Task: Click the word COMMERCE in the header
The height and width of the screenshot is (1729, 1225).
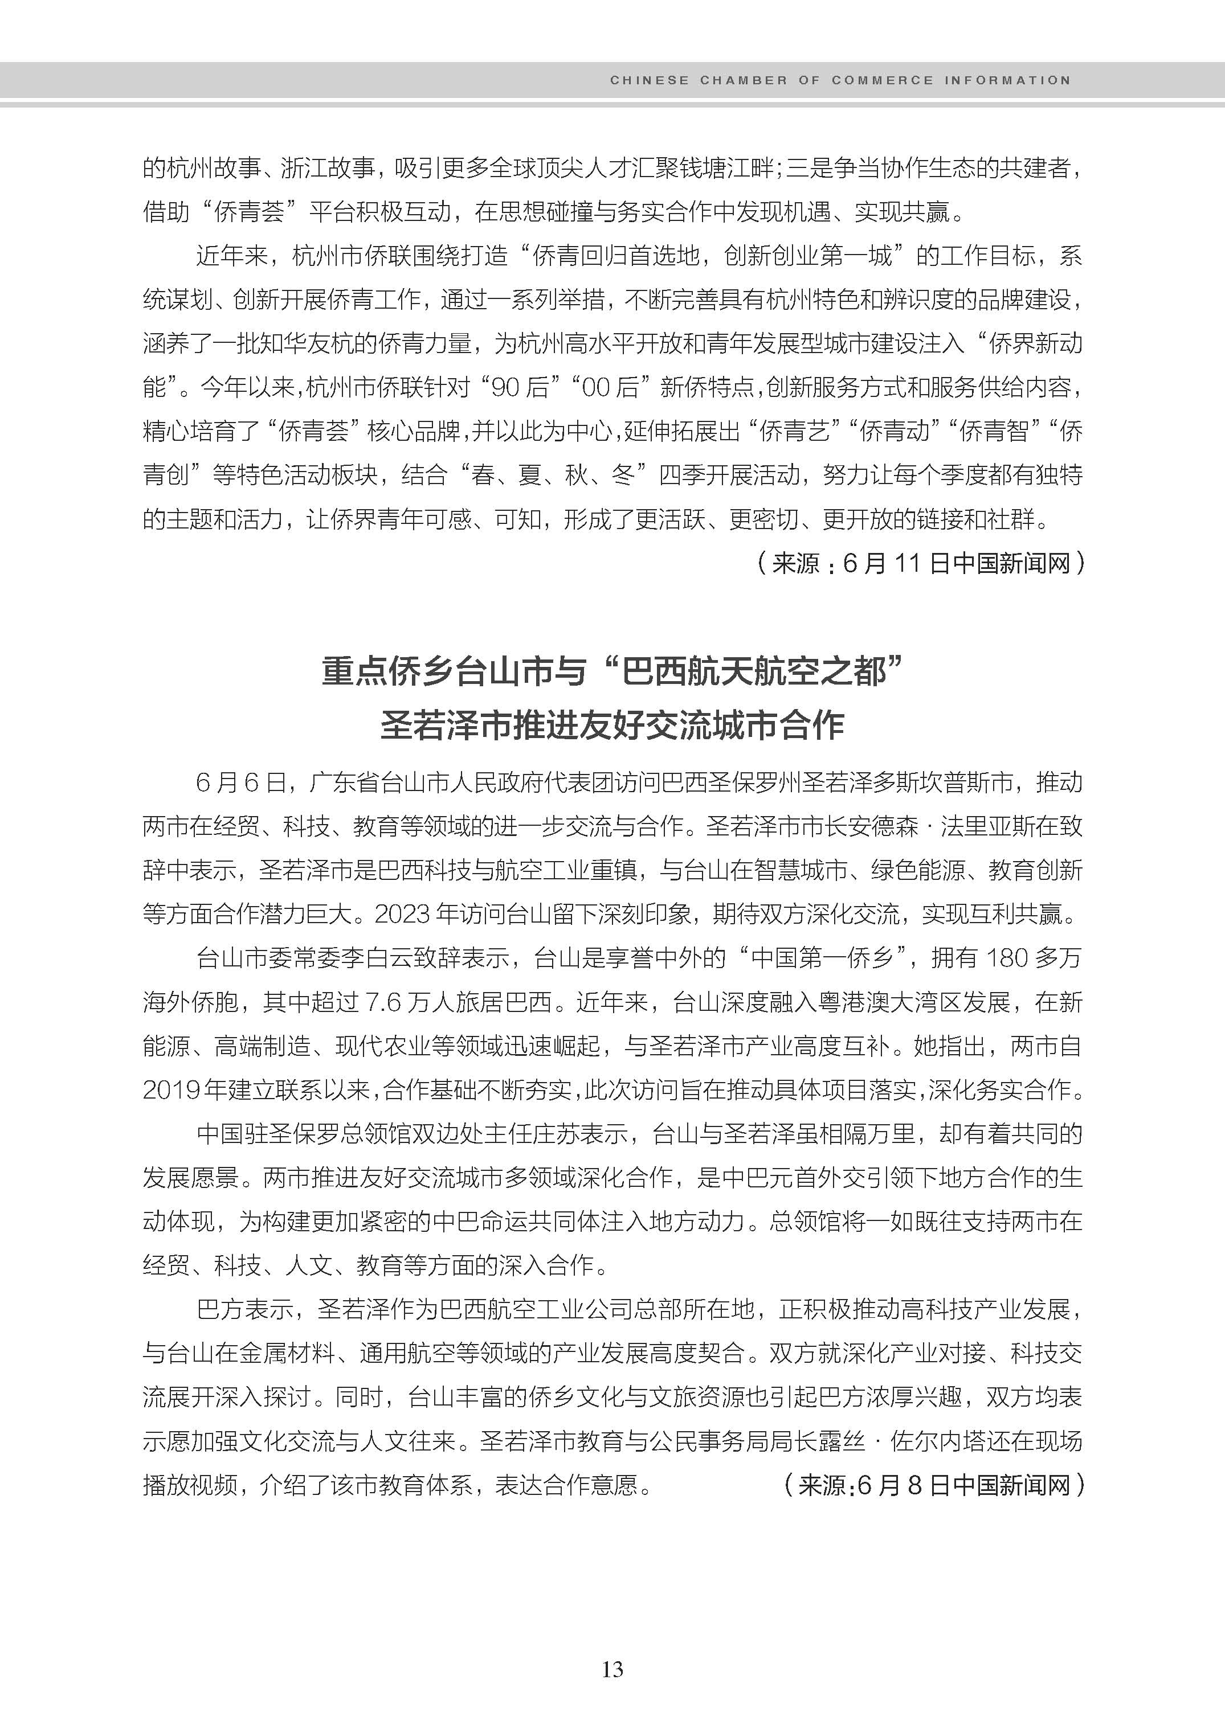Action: [x=882, y=80]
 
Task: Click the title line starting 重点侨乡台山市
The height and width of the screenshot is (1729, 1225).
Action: [x=612, y=671]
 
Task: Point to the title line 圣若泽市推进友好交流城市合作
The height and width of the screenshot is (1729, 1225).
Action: [x=612, y=726]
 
